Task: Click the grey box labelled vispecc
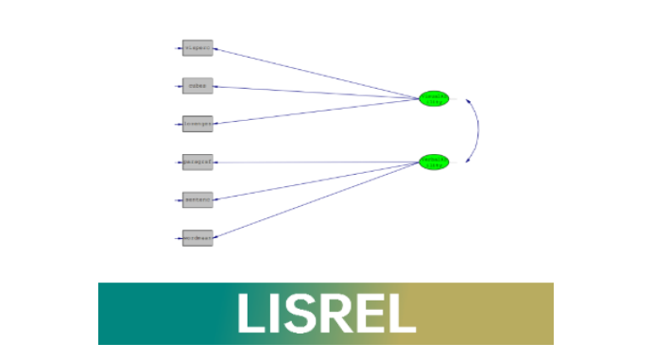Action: (197, 48)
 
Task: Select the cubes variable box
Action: (197, 86)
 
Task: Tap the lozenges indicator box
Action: (197, 124)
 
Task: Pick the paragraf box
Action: (197, 163)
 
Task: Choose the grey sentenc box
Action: (197, 199)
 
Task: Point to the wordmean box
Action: (197, 238)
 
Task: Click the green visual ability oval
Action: (434, 98)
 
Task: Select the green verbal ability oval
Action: (434, 162)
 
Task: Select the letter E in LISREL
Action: (370, 314)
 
